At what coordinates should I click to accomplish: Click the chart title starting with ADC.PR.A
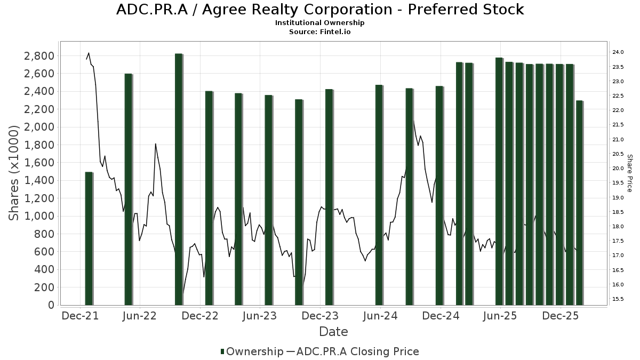[320, 10]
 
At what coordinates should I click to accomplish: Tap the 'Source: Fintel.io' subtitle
[320, 31]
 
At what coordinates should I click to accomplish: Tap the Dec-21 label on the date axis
[80, 316]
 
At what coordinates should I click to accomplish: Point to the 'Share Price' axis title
[629, 173]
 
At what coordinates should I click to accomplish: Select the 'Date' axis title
[333, 332]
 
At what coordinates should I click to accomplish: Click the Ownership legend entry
[252, 351]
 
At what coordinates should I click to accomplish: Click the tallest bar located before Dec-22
[179, 179]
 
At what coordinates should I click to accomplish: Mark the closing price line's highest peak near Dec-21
[89, 53]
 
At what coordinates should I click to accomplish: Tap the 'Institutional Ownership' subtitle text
[320, 23]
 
